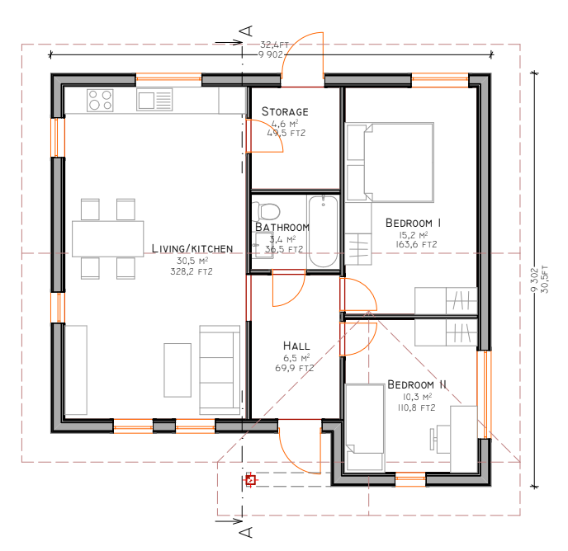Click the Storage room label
tap(285, 111)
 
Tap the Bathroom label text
tap(282, 228)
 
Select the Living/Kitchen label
tap(192, 249)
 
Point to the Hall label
tap(296, 346)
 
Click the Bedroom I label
tap(414, 223)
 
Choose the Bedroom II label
tap(417, 384)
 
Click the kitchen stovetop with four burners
tap(100, 101)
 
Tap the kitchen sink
tap(154, 100)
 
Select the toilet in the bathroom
tap(267, 211)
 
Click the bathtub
tap(323, 232)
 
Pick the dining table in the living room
tap(108, 239)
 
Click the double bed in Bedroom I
tap(390, 162)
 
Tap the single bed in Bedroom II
tap(365, 428)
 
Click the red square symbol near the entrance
tap(251, 480)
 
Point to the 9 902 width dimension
tap(271, 54)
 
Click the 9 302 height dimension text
tap(534, 280)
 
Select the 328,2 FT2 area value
tap(192, 271)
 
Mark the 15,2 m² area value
tap(414, 235)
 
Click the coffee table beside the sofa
tap(177, 370)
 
